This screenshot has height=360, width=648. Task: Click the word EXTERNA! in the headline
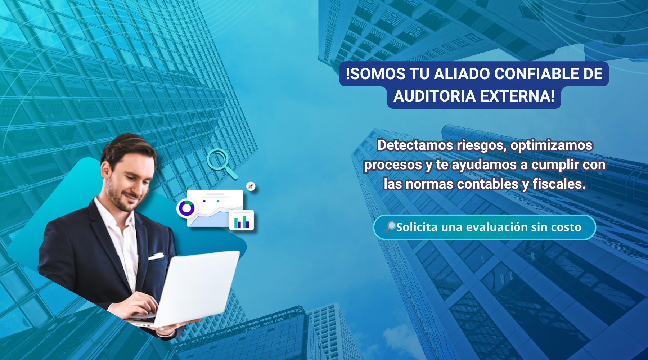pyautogui.click(x=517, y=96)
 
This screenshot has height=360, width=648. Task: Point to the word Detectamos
pyautogui.click(x=415, y=145)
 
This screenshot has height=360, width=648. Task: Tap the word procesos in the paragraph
pyautogui.click(x=393, y=165)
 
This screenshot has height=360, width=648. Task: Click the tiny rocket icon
pyautogui.click(x=251, y=186)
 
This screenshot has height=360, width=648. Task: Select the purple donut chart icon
pyautogui.click(x=186, y=208)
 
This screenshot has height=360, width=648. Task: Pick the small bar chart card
pyautogui.click(x=242, y=220)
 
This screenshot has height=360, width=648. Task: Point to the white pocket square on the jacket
pyautogui.click(x=156, y=257)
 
